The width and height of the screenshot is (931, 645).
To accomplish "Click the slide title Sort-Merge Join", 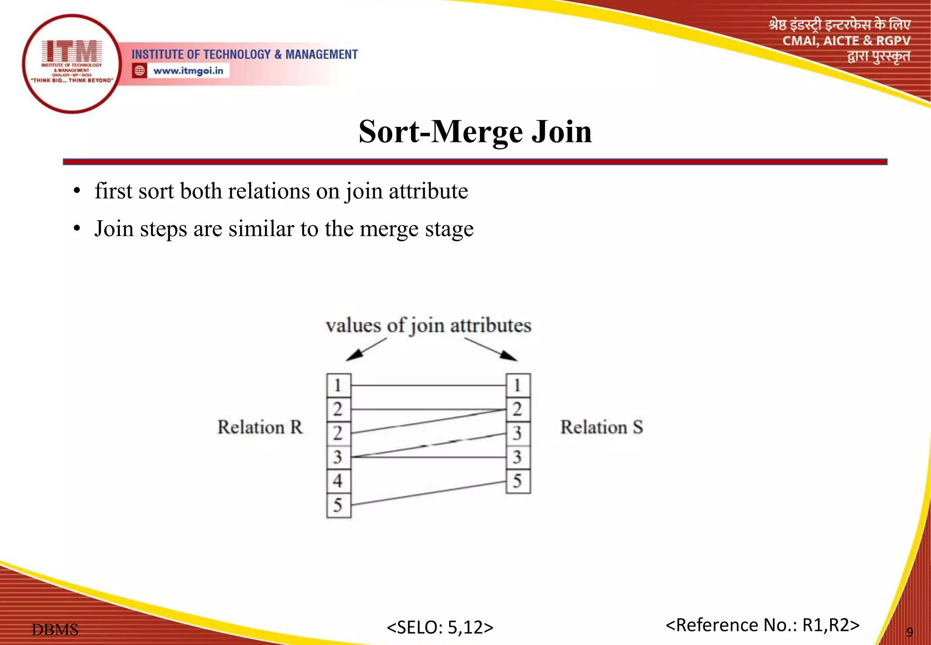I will click(x=475, y=132).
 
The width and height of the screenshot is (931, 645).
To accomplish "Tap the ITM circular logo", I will click(x=72, y=64).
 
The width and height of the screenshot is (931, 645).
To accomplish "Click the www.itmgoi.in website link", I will click(x=188, y=71).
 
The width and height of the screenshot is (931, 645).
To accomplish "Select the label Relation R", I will click(x=260, y=428).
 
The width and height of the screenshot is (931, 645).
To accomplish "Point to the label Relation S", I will click(x=601, y=428).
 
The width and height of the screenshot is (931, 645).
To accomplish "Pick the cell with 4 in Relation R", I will click(x=338, y=481).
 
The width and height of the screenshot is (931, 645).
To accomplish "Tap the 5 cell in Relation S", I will click(x=518, y=481).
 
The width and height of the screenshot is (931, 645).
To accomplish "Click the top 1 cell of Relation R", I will click(x=338, y=385).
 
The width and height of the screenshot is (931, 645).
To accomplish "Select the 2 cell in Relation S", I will click(x=518, y=409).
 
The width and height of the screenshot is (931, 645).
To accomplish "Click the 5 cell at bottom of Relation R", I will click(x=338, y=505).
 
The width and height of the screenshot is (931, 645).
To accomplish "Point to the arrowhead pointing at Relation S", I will click(x=509, y=355).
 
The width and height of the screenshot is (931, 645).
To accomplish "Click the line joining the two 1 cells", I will click(x=428, y=386).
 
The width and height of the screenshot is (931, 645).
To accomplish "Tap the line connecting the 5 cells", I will click(x=428, y=493).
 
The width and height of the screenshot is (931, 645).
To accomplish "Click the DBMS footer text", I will click(x=55, y=630).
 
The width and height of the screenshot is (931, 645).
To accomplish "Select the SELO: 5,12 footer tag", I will click(x=440, y=627).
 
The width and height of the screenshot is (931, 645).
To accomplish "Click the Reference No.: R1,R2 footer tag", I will click(x=762, y=625).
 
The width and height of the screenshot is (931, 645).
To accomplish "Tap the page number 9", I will click(x=909, y=632).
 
